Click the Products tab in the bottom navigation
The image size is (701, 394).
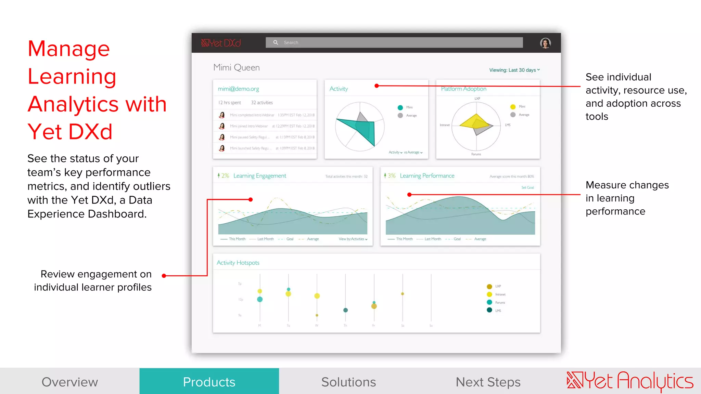[x=209, y=382]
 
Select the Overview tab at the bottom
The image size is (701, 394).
[x=70, y=382]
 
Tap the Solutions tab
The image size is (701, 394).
[x=348, y=382]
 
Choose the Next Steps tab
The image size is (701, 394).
[x=488, y=382]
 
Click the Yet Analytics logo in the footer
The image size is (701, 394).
[x=630, y=381]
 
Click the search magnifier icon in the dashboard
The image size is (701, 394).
[x=276, y=42]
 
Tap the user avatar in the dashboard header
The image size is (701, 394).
[x=545, y=43]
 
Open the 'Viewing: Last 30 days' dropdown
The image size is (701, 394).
[x=514, y=70]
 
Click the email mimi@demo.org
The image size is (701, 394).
[x=238, y=89]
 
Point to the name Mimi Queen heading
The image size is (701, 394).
[x=237, y=68]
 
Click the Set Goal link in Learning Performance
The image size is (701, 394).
[x=527, y=187]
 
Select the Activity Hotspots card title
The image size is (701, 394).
[x=238, y=263]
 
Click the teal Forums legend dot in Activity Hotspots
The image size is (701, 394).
[x=489, y=302]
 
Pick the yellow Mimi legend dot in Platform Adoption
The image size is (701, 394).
[x=513, y=107]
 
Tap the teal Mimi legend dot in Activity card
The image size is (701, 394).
[x=400, y=107]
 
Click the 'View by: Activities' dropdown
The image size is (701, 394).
[x=353, y=239]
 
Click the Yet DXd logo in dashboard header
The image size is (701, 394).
[x=221, y=43]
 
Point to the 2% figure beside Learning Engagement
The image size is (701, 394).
[x=225, y=176]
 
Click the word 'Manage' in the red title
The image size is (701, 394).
[x=69, y=49]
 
